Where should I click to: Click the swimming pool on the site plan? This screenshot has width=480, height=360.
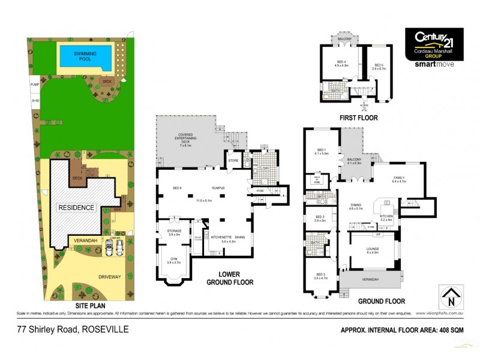coord(85,56)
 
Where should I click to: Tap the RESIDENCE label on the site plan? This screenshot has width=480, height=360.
coord(76,208)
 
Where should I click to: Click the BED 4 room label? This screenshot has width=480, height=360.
coord(341,64)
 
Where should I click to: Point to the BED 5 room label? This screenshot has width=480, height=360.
coord(379,67)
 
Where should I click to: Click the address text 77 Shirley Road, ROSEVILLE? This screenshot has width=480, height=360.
coord(73,329)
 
